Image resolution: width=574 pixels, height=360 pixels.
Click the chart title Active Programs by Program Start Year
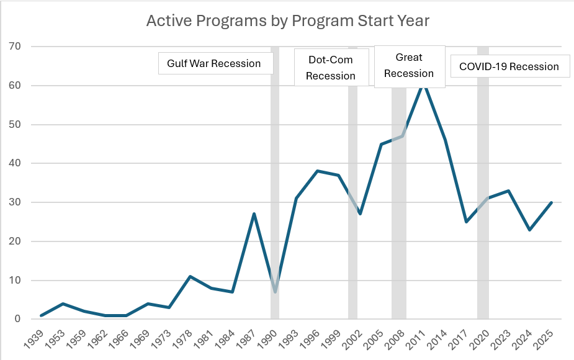pos(287,21)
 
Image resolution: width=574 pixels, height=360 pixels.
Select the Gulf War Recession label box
pos(214,63)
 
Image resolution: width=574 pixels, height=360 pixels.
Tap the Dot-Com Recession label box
pos(331,68)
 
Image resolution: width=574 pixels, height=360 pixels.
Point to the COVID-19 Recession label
pos(509,66)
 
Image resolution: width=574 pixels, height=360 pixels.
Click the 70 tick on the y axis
pos(16,47)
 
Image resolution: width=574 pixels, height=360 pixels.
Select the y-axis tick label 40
pos(16,163)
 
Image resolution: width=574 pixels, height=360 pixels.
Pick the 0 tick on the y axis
pos(18,319)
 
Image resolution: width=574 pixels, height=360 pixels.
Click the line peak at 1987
pos(254,214)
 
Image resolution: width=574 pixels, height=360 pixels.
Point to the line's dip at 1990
pos(275,292)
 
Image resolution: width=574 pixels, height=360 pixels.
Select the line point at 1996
pos(318,171)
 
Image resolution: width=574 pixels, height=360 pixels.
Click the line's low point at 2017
pos(466,222)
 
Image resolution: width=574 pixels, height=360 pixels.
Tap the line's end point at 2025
pos(551,202)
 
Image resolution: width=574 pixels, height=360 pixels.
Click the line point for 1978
pos(191,276)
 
